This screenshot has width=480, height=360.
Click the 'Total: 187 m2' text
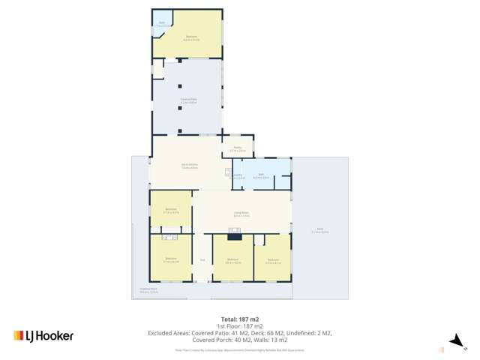point(240,319)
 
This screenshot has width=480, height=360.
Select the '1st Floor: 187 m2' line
point(240,326)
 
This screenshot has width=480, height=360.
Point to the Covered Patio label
point(188,100)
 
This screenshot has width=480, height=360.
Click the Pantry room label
point(237,148)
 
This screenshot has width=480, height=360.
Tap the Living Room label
point(241,214)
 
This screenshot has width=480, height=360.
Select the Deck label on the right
point(319,229)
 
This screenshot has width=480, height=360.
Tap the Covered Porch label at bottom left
point(148,289)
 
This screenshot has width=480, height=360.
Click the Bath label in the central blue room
point(261,175)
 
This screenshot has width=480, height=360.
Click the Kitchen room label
point(189,166)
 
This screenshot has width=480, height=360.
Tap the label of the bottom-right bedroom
point(273,261)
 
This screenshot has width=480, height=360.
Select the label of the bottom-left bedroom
point(170,259)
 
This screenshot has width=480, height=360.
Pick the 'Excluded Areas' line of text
point(240,332)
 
